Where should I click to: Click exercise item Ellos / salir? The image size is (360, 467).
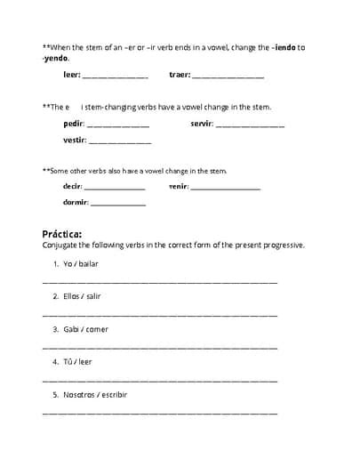pyautogui.click(x=83, y=296)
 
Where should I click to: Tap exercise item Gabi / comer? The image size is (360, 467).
pyautogui.click(x=85, y=329)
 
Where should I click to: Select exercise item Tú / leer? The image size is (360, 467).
pyautogui.click(x=77, y=361)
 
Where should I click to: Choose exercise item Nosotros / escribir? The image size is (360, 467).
pyautogui.click(x=95, y=394)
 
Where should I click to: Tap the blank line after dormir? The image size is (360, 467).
pyautogui.click(x=118, y=205)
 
